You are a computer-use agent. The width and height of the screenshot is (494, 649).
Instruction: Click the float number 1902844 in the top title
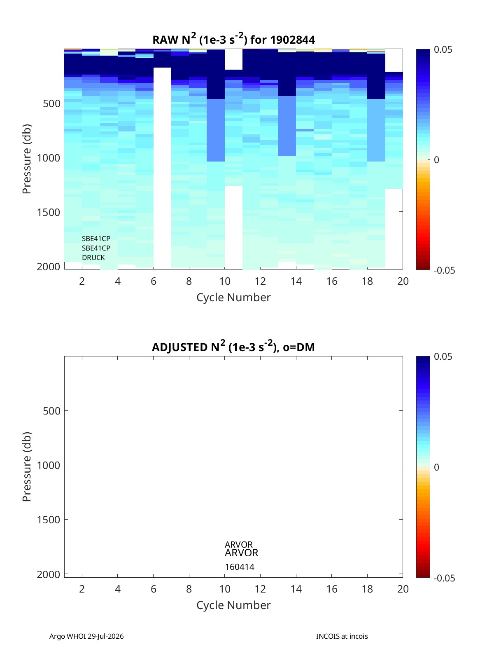pyautogui.click(x=292, y=40)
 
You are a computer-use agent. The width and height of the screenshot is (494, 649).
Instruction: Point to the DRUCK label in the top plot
pyautogui.click(x=93, y=258)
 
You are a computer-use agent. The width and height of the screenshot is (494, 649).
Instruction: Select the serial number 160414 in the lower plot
pyautogui.click(x=240, y=567)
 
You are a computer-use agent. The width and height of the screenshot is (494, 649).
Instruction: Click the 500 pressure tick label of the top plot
pyautogui.click(x=52, y=103)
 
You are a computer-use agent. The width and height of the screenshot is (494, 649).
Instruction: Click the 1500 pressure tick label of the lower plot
pyautogui.click(x=49, y=520)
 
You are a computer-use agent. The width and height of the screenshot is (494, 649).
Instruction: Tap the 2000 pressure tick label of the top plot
pyautogui.click(x=49, y=267)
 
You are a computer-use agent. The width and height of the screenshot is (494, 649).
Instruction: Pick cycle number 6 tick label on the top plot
pyautogui.click(x=153, y=281)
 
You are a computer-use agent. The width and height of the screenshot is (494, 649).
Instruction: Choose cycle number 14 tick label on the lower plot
pyautogui.click(x=296, y=589)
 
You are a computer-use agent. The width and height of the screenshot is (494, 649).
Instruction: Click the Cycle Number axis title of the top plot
pyautogui.click(x=233, y=298)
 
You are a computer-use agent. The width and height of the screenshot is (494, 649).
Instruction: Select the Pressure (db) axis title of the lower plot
pyautogui.click(x=27, y=466)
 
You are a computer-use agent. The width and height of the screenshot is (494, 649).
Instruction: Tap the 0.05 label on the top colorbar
pyautogui.click(x=443, y=50)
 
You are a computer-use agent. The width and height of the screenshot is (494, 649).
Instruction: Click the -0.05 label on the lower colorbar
pyautogui.click(x=444, y=578)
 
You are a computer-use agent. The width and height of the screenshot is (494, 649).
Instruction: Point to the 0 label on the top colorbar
pyautogui.click(x=436, y=160)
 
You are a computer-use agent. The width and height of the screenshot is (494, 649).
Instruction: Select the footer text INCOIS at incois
pyautogui.click(x=342, y=636)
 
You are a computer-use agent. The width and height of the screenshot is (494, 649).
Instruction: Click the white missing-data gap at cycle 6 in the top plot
pyautogui.click(x=162, y=168)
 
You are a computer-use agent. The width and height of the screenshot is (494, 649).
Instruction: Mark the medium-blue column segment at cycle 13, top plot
pyautogui.click(x=287, y=126)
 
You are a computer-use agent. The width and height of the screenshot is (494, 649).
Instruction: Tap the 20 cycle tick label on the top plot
pyautogui.click(x=403, y=281)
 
